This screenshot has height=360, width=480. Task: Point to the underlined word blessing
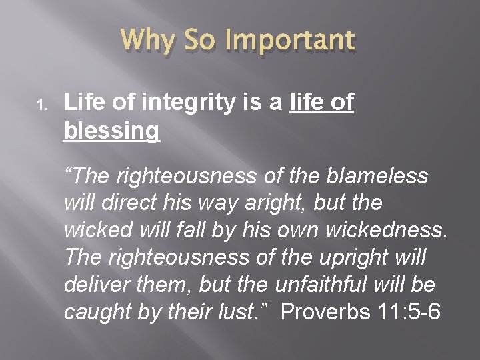coord(112,131)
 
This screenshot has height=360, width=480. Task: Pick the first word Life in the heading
coord(83,104)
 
